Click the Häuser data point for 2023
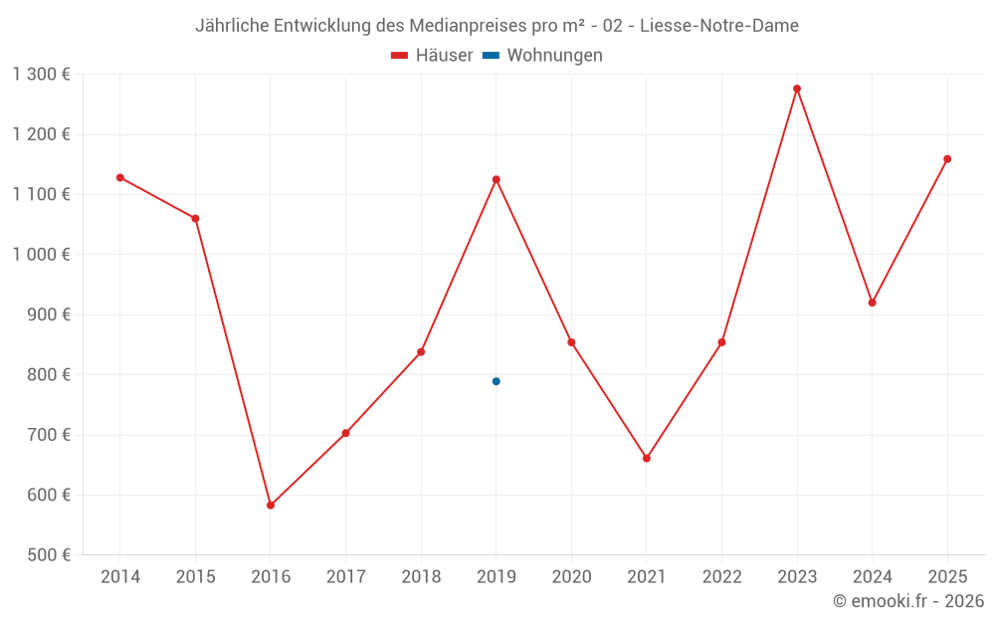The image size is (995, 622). [797, 89]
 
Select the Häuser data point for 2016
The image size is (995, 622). [271, 506]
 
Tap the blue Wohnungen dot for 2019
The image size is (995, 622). [497, 381]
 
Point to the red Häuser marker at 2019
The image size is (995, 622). [497, 179]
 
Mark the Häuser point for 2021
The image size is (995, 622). [647, 459]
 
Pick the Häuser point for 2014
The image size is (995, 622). [120, 177]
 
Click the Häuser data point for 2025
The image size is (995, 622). [947, 159]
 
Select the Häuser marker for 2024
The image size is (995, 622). [873, 303]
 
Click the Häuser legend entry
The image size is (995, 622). [433, 56]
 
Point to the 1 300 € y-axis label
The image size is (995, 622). [42, 75]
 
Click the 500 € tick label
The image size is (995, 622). [49, 555]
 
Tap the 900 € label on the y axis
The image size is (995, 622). [49, 314]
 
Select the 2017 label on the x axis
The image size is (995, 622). [345, 577]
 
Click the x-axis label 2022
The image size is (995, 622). [721, 577]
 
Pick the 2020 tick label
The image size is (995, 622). [571, 577]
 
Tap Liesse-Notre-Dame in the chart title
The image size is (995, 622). [719, 26]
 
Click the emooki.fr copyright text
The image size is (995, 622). [908, 601]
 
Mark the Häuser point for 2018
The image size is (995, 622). [421, 352]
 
